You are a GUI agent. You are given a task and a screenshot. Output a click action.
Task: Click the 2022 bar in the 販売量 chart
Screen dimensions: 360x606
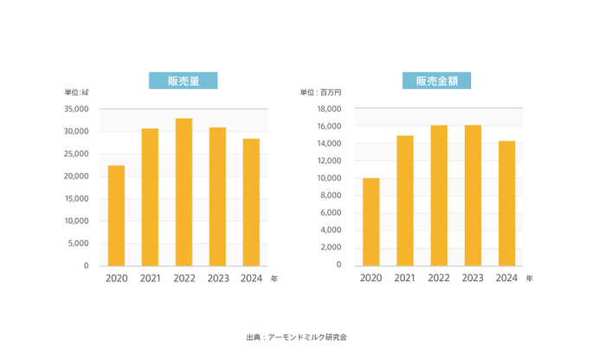pos(184,192)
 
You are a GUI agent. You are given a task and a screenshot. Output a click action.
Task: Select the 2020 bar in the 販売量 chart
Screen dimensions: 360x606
pos(116,215)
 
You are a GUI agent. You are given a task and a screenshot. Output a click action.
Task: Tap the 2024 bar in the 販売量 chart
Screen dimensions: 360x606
pos(251,202)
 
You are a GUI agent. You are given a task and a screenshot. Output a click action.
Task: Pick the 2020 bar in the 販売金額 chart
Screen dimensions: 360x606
pos(371,222)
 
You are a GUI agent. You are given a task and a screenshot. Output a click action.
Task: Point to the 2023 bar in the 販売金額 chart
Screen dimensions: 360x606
pos(473,196)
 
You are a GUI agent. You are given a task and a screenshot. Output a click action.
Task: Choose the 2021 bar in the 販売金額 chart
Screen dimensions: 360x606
pos(404,201)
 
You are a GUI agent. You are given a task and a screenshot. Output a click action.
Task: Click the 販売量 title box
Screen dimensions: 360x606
pos(184,81)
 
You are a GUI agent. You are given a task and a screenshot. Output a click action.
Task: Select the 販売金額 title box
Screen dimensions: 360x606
pos(437,81)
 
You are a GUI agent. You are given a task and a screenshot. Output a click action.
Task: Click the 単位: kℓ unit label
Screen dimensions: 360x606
pos(76,93)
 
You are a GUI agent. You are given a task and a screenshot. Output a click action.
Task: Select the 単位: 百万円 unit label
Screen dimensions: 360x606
pos(320,93)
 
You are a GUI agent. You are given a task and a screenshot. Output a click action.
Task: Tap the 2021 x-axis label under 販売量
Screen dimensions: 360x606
pos(150,279)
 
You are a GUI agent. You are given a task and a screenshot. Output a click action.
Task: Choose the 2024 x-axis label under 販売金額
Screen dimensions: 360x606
pos(506,279)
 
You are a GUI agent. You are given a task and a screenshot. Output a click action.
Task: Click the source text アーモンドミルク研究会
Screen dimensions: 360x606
pos(302,337)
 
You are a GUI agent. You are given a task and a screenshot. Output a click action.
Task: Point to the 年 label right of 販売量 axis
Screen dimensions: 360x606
pos(274,280)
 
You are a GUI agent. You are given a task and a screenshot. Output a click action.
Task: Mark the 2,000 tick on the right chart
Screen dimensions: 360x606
pos(331,247)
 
